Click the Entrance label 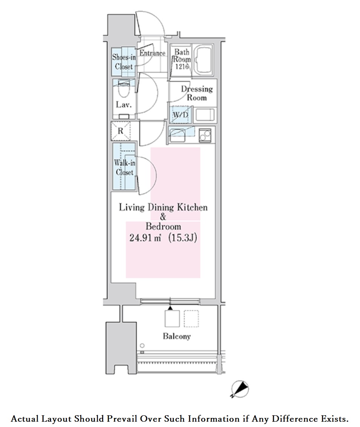pos(152,53)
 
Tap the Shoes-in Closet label pos(124,62)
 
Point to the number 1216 pos(182,66)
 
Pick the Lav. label pos(124,105)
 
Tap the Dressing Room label pos(197,93)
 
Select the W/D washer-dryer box pos(181,115)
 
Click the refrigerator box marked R pos(121,131)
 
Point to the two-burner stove pos(205,135)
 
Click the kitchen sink pos(178,135)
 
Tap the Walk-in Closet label pos(125,168)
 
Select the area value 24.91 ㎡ pos(145,238)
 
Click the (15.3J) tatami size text pos(182,238)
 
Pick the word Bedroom pos(163,226)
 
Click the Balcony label pos(176,336)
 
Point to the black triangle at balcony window pos(170,308)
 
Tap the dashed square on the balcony pos(191,319)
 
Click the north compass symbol pos(240,389)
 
